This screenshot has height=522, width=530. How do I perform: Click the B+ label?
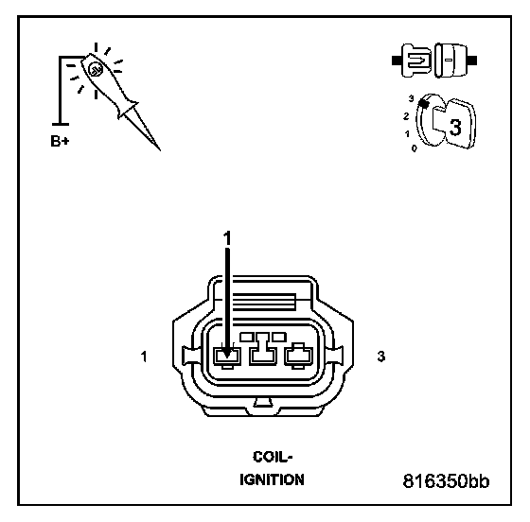click(x=60, y=141)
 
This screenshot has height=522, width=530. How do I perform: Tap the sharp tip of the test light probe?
click(x=160, y=150)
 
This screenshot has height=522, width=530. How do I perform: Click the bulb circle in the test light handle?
click(x=96, y=70)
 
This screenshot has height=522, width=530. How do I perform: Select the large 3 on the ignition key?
click(x=455, y=128)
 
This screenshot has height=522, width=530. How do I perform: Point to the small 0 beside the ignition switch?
click(x=415, y=148)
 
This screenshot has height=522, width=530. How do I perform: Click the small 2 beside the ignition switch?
click(x=406, y=116)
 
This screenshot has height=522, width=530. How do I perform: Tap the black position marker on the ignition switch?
click(x=424, y=103)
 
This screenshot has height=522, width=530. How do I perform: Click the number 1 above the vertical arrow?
click(x=227, y=238)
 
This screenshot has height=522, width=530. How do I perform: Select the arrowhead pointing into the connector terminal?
click(x=227, y=353)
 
